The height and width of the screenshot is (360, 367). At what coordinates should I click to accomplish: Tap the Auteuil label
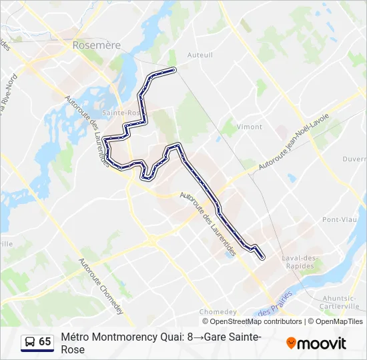pyautogui.click(x=200, y=55)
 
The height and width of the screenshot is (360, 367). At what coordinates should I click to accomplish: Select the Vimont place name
pyautogui.click(x=249, y=127)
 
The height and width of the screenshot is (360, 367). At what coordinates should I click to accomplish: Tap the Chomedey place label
pyautogui.click(x=218, y=312)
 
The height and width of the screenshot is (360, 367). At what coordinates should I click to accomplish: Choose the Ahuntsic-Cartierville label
pyautogui.click(x=341, y=302)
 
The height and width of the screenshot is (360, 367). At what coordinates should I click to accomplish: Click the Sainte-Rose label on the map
pyautogui.click(x=121, y=113)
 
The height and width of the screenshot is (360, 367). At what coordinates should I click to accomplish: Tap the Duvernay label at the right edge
pyautogui.click(x=355, y=159)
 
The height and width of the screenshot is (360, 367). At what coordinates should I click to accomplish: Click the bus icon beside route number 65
pyautogui.click(x=29, y=342)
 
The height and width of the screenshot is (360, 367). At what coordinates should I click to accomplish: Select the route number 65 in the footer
pyautogui.click(x=45, y=342)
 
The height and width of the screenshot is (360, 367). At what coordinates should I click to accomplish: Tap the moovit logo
pyautogui.click(x=316, y=343)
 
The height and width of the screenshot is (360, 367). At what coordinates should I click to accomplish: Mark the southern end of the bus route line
pyautogui.click(x=262, y=257)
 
